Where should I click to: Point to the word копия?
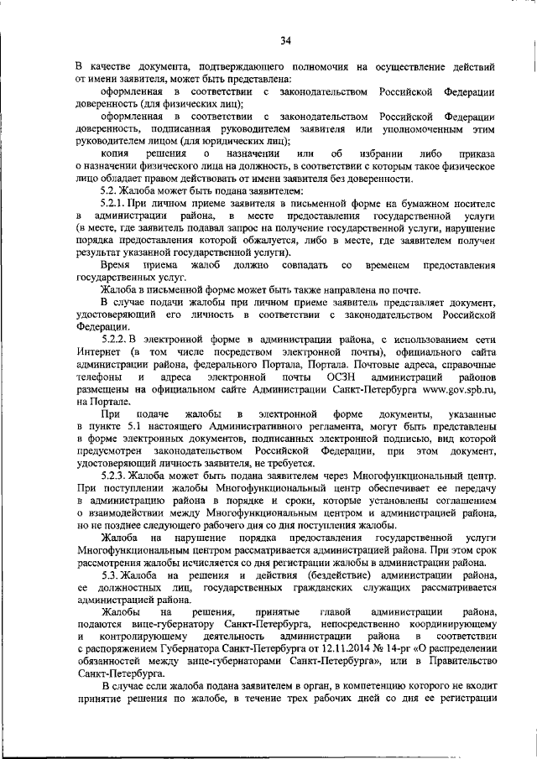(x=115, y=153)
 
